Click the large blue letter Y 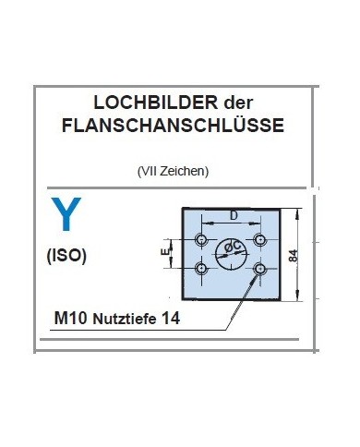pyautogui.click(x=66, y=215)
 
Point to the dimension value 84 pyautogui.click(x=292, y=256)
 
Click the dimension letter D pyautogui.click(x=233, y=215)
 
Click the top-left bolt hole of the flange pyautogui.click(x=201, y=239)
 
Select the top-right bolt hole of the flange pyautogui.click(x=261, y=239)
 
